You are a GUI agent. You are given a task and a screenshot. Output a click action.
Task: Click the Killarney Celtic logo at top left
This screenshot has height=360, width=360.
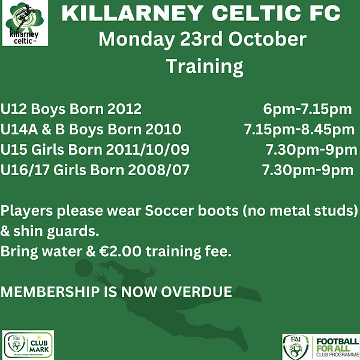pyautogui.click(x=25, y=23)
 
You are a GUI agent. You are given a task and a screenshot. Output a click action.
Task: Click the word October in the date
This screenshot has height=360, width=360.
pyautogui.click(x=267, y=39)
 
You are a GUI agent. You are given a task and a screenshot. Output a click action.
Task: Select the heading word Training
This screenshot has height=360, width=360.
pyautogui.click(x=205, y=67)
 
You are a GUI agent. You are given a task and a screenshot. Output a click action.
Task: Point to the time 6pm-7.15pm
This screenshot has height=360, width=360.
pyautogui.click(x=307, y=109)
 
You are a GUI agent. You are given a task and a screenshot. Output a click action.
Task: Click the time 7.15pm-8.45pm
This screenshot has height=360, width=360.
pyautogui.click(x=299, y=130)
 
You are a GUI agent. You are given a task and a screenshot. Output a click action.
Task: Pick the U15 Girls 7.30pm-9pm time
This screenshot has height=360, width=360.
pyautogui.click(x=311, y=150)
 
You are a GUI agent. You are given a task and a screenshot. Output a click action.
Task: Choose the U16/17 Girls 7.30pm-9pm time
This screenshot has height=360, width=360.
pyautogui.click(x=308, y=170)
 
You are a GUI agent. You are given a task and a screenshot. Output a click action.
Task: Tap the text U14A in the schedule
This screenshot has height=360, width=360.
pyautogui.click(x=19, y=129)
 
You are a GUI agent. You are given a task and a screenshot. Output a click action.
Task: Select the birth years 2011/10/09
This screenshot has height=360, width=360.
pyautogui.click(x=148, y=150)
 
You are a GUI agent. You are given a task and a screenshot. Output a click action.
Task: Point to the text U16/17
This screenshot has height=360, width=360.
pyautogui.click(x=25, y=170)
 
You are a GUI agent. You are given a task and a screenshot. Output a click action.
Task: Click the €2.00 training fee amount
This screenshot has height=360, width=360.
pyautogui.click(x=121, y=251)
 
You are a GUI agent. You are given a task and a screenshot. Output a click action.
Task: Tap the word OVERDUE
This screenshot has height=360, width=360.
pyautogui.click(x=196, y=292)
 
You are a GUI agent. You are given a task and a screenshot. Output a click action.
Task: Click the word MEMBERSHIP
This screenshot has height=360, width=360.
pyautogui.click(x=50, y=292)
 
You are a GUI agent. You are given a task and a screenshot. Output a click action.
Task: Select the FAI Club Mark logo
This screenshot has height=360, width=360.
pyautogui.click(x=28, y=345)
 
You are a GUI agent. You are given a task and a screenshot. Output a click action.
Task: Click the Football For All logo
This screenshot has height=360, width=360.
pyautogui.click(x=321, y=347)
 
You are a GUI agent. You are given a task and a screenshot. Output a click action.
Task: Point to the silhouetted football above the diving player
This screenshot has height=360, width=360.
pyautogui.click(x=84, y=268)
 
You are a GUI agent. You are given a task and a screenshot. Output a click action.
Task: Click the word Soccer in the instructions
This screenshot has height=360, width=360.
pyautogui.click(x=169, y=211)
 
